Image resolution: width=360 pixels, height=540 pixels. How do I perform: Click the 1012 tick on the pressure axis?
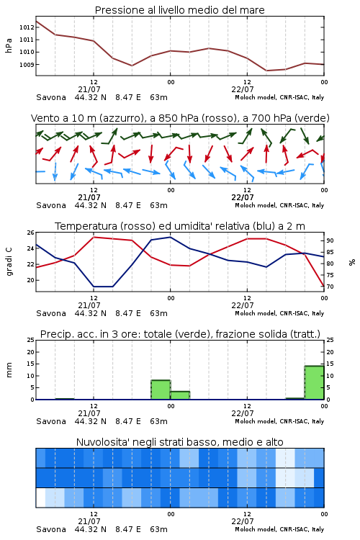[27, 27]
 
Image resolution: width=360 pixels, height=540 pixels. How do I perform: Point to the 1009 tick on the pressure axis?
[27, 64]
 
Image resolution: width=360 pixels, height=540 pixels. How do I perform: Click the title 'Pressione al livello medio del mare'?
[180, 10]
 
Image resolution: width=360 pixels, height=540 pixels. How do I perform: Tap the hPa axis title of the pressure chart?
[9, 45]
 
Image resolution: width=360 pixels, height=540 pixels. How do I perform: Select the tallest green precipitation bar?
[314, 382]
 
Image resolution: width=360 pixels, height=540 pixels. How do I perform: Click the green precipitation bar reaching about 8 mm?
[161, 390]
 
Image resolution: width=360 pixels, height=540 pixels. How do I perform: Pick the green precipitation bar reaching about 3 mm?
[180, 395]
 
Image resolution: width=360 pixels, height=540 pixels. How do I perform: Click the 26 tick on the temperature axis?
[31, 233]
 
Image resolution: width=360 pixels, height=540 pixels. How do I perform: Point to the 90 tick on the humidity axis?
[330, 240]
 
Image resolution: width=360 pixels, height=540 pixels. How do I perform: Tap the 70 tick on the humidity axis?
[330, 287]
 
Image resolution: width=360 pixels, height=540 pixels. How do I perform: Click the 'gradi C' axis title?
[9, 261]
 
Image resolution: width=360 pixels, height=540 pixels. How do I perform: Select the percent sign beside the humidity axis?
[352, 262]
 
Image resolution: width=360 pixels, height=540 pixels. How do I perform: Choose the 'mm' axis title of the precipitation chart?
[9, 370]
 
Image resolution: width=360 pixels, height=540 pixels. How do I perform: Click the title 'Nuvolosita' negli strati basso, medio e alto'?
[180, 442]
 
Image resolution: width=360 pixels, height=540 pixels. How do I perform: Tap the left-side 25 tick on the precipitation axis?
[31, 340]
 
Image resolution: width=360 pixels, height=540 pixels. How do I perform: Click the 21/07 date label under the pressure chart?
[89, 89]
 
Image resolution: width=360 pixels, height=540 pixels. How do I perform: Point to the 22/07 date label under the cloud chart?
[243, 521]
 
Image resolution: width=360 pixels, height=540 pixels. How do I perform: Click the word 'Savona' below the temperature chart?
[51, 313]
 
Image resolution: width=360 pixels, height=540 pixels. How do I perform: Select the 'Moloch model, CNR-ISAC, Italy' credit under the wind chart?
[279, 205]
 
